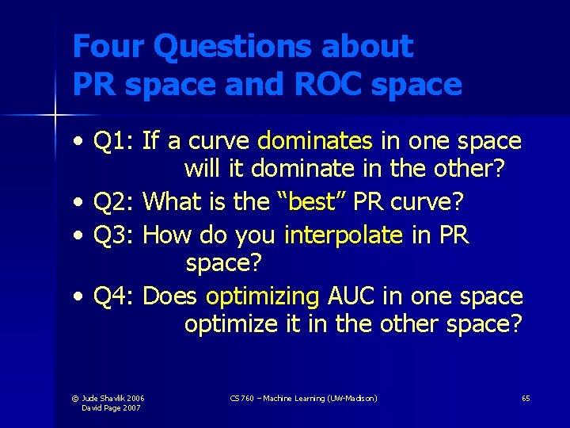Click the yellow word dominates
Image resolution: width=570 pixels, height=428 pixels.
315,141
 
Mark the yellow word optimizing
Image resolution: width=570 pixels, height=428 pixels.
261,296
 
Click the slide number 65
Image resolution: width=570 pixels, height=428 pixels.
526,398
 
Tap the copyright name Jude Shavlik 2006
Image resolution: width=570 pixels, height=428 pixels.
113,398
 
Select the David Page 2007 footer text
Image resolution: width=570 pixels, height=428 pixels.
112,407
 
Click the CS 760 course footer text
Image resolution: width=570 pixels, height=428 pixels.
303,398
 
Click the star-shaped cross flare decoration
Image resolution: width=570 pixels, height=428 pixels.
55,117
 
